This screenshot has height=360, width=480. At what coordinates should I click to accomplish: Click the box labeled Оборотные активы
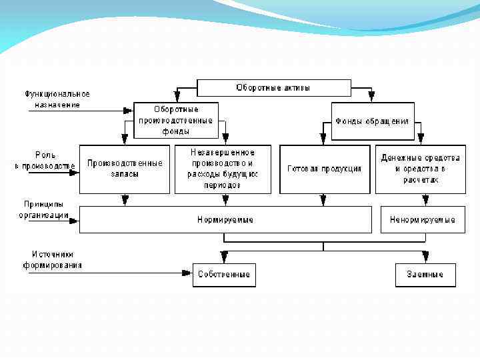pyautogui.click(x=273, y=88)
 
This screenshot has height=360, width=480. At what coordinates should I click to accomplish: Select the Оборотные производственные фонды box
pyautogui.click(x=176, y=120)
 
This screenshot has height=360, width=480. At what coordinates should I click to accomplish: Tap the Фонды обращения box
pyautogui.click(x=372, y=121)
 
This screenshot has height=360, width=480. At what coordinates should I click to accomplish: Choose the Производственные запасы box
pyautogui.click(x=125, y=169)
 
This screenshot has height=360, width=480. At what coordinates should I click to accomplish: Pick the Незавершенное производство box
pyautogui.click(x=223, y=169)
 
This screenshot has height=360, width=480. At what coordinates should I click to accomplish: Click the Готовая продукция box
pyautogui.click(x=325, y=169)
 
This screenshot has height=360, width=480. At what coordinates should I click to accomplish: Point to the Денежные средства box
pyautogui.click(x=420, y=169)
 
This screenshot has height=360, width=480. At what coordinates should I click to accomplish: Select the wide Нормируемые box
pyautogui.click(x=225, y=219)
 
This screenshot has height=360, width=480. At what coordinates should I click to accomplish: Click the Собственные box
pyautogui.click(x=224, y=274)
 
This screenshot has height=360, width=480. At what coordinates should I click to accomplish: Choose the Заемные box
pyautogui.click(x=425, y=274)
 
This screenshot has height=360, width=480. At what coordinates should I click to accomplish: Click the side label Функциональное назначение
pyautogui.click(x=57, y=99)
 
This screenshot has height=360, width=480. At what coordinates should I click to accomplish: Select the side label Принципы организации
pyautogui.click(x=44, y=209)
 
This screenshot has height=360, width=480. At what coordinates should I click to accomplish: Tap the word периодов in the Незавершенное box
pyautogui.click(x=223, y=185)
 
